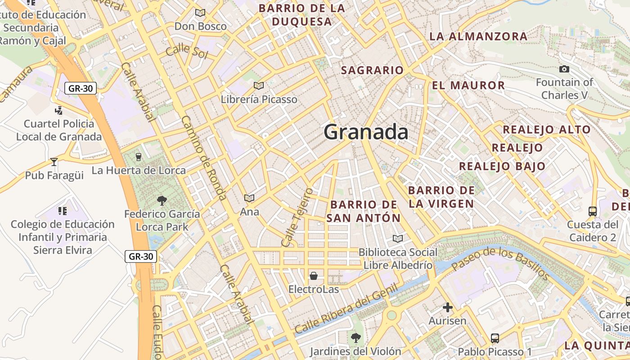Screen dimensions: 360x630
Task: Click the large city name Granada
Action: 366,132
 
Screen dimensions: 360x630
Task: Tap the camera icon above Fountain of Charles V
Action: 564,69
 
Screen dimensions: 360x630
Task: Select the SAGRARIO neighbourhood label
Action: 372,70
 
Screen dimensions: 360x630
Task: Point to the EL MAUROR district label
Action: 468,85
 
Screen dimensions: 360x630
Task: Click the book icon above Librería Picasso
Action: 259,85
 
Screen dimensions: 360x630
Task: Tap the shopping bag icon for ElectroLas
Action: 314,275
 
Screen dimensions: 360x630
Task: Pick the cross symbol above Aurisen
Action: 447,307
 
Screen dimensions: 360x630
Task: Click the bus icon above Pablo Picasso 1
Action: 495,338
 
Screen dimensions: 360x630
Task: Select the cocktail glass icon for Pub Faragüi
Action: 54,162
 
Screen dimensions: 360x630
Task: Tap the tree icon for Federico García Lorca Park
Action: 162,200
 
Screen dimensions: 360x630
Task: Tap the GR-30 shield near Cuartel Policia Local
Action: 81,88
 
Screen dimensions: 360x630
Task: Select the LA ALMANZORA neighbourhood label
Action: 478,36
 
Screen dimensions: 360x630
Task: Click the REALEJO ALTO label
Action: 546,130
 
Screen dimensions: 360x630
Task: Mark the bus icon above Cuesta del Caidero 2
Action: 593,211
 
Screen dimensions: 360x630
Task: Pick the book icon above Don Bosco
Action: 200,13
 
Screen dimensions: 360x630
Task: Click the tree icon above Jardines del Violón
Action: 356,337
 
